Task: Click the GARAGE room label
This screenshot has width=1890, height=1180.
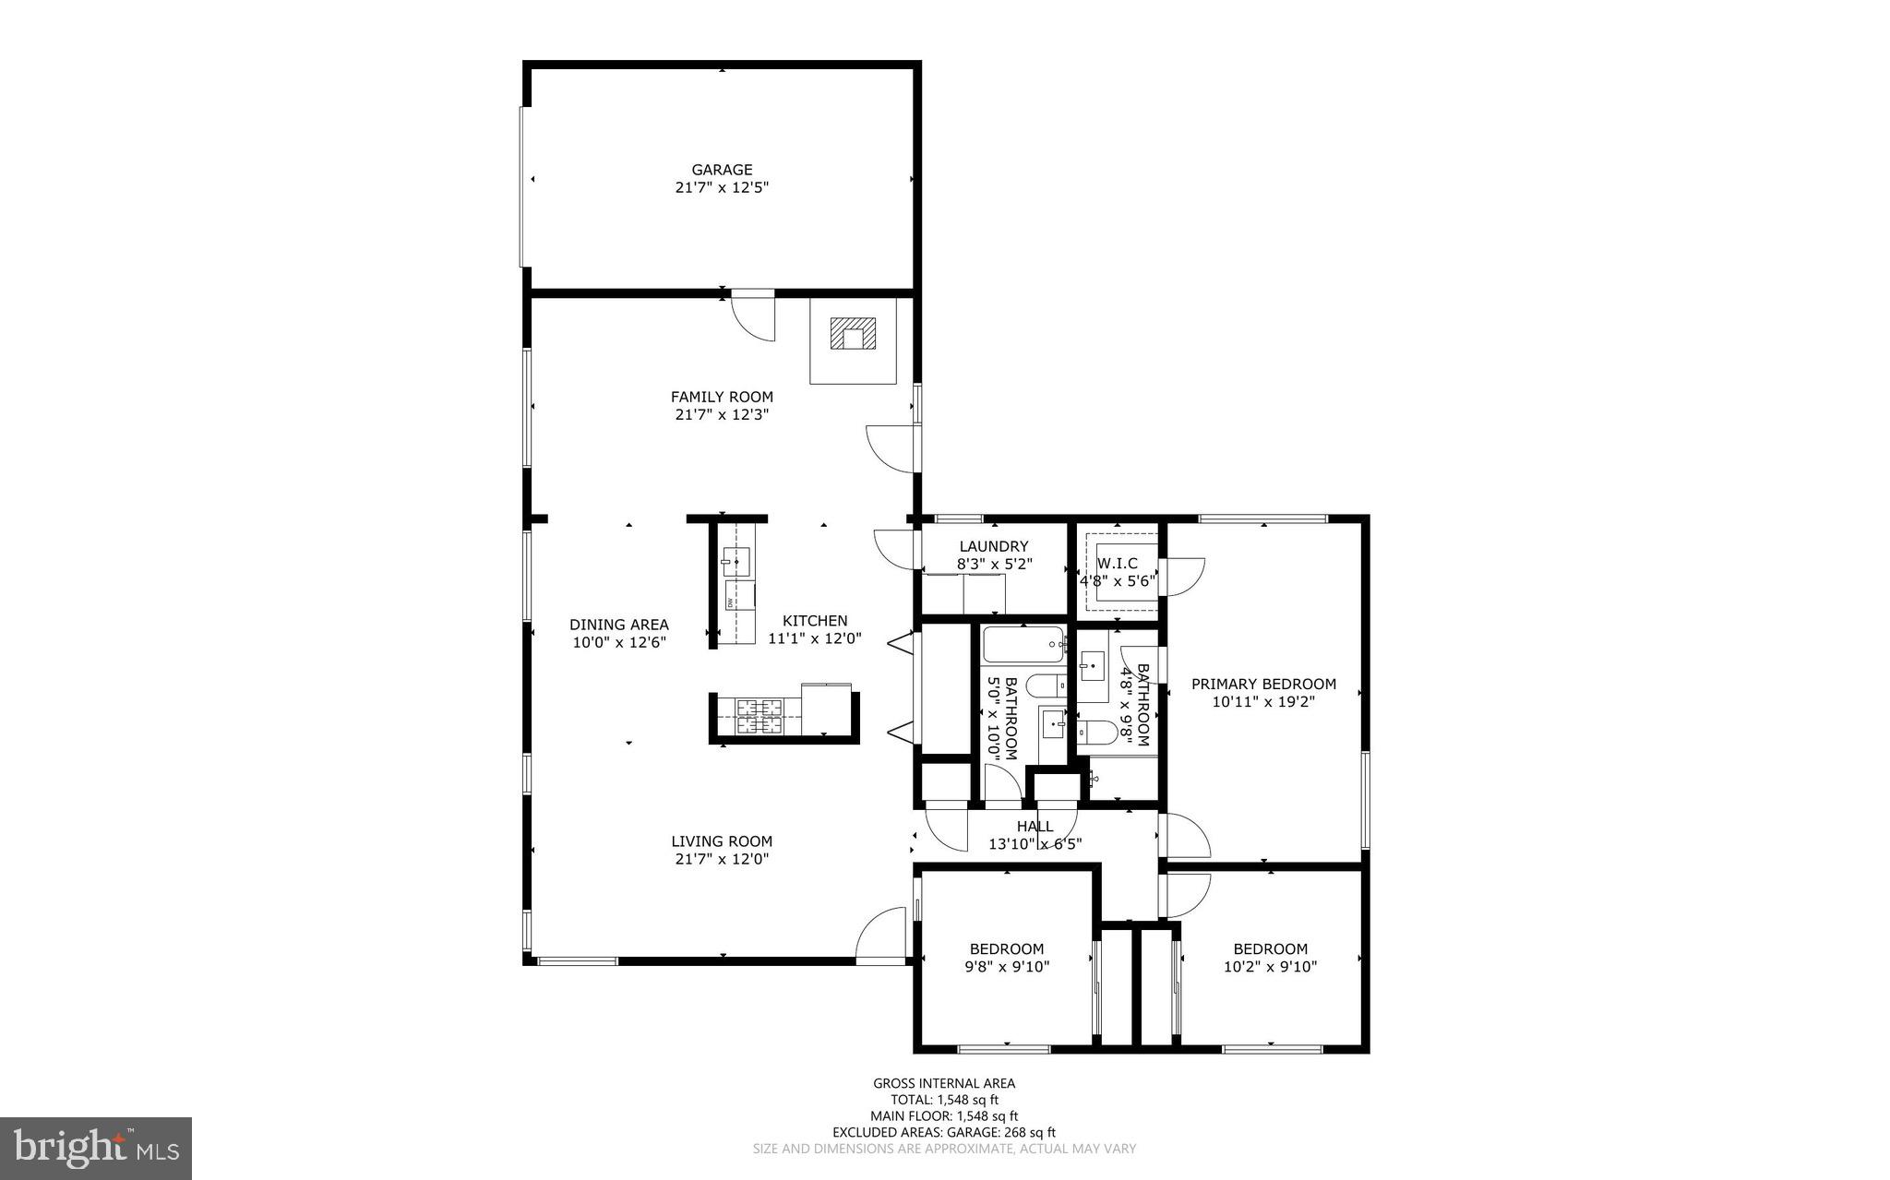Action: (x=722, y=170)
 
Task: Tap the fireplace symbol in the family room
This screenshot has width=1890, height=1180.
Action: (x=853, y=334)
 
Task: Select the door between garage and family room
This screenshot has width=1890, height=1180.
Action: (x=753, y=315)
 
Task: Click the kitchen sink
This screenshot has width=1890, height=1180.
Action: (x=736, y=560)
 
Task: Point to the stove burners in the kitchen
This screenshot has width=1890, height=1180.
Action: (x=759, y=716)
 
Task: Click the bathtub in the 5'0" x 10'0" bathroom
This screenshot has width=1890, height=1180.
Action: (x=1023, y=645)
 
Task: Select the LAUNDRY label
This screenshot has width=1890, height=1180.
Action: (x=993, y=546)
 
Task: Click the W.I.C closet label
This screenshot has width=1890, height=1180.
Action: (x=1117, y=563)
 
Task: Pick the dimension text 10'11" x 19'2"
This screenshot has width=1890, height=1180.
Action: (x=1262, y=701)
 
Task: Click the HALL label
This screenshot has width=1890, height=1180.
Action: (x=1035, y=827)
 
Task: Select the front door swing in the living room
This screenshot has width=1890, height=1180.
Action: (x=881, y=936)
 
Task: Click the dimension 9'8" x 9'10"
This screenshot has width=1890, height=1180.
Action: (x=1006, y=967)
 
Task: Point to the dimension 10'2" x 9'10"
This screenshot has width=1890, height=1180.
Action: (x=1270, y=967)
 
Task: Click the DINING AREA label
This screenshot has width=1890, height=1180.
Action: (x=618, y=625)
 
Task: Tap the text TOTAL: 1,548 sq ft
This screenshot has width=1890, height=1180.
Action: (x=943, y=1100)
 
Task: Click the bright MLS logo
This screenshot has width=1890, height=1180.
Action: (x=96, y=1148)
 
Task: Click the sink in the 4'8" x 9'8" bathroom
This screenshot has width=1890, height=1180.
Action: (x=1093, y=664)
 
